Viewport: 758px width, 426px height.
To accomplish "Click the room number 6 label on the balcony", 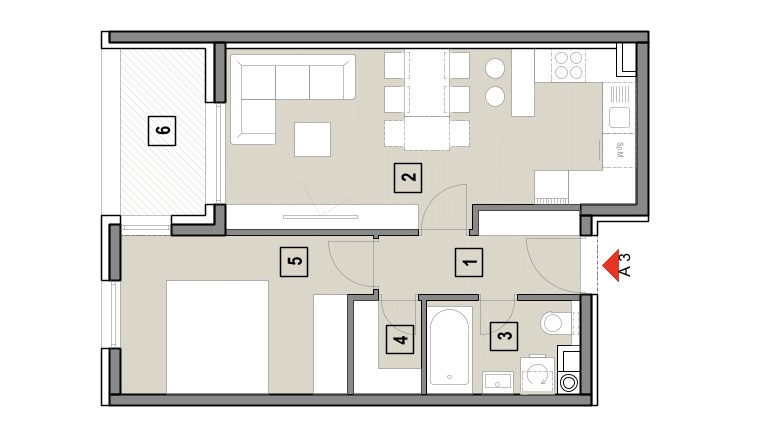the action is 162,131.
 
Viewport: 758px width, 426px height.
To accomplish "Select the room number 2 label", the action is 408,178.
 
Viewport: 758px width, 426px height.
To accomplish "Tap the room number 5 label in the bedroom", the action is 294,262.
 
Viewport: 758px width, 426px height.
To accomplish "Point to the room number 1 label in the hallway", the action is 468,263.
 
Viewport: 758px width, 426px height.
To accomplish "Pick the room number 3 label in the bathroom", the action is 504,336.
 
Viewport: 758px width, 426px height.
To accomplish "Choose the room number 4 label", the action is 400,339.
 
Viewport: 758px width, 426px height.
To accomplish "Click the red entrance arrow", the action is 611,265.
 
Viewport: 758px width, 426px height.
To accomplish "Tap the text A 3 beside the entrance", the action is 625,265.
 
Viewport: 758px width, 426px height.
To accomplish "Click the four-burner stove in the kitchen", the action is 568,65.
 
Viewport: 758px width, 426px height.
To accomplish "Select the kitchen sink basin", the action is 619,118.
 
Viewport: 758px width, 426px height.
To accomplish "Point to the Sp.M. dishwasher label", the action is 620,150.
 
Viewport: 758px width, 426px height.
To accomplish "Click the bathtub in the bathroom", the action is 450,348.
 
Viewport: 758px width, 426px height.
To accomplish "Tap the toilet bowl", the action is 554,323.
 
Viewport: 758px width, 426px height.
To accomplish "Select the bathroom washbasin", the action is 498,382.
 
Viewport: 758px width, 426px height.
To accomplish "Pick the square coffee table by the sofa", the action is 312,139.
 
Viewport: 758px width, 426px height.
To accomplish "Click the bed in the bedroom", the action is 218,337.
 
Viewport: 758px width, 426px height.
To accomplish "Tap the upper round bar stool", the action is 495,69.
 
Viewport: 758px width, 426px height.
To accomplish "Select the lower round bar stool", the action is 495,96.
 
